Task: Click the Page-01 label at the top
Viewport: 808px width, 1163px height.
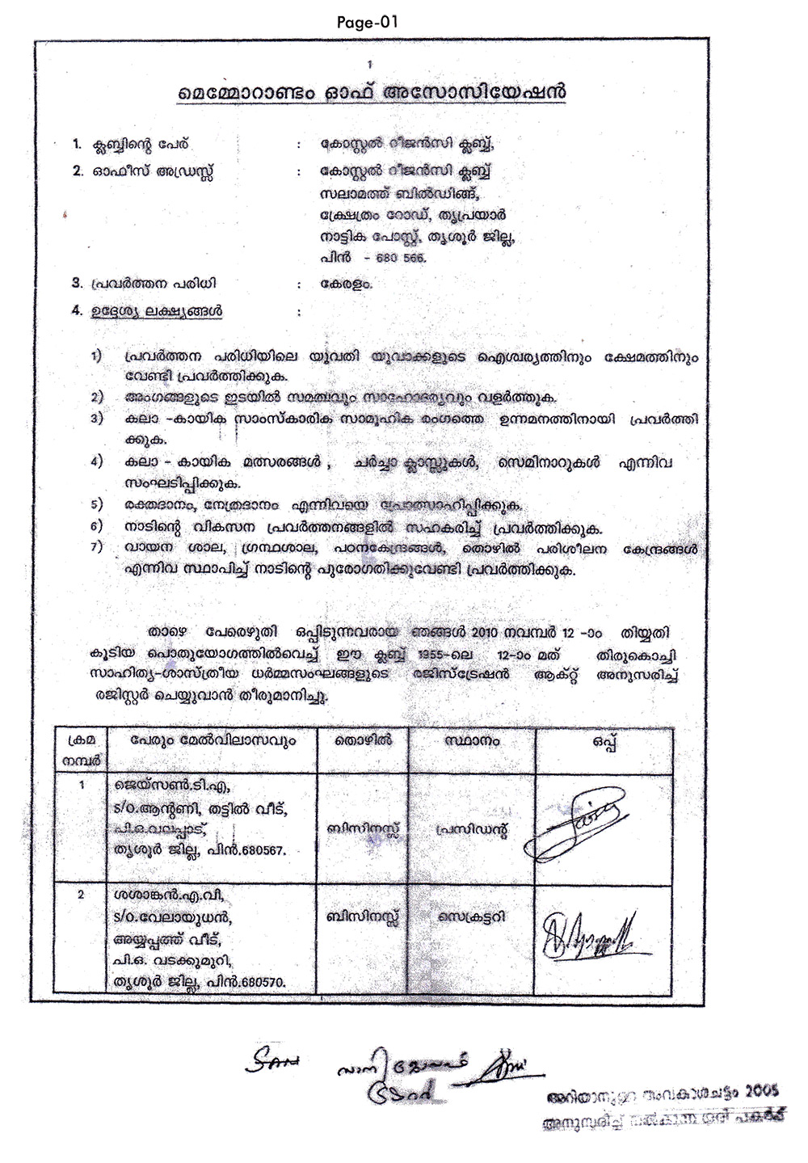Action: [x=368, y=22]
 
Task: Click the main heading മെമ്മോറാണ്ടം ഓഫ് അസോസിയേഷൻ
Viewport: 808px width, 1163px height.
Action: [x=372, y=93]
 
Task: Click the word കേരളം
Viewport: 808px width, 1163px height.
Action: [x=346, y=284]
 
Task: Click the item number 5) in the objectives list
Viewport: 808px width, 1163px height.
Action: [x=97, y=504]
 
